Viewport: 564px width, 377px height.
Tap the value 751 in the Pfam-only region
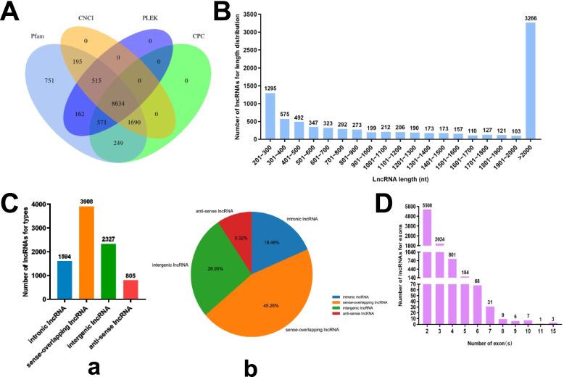pos(49,82)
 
